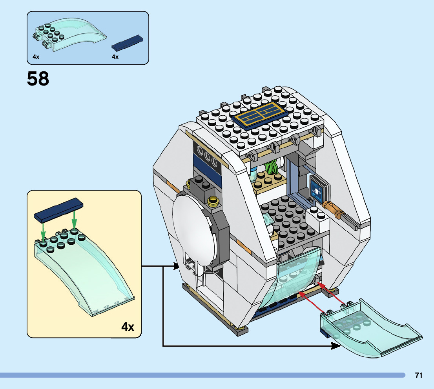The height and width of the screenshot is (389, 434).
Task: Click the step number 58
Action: pyautogui.click(x=38, y=79)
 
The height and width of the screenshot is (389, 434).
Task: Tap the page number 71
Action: pyautogui.click(x=418, y=375)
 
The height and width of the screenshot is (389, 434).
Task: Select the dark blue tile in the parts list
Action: pyautogui.click(x=127, y=43)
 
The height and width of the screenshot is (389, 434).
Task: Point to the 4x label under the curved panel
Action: pyautogui.click(x=36, y=57)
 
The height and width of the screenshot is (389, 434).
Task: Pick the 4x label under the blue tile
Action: pyautogui.click(x=115, y=57)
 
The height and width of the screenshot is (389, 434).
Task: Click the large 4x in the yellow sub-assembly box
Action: pyautogui.click(x=128, y=326)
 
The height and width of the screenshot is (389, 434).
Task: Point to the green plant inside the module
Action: pyautogui.click(x=272, y=167)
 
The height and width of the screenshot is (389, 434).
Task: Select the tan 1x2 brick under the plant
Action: pyautogui.click(x=267, y=182)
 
